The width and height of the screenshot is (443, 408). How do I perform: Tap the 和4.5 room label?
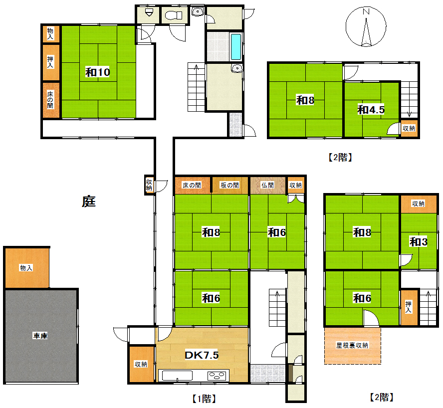[371, 110]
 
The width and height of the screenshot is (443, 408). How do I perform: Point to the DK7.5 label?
[202, 355]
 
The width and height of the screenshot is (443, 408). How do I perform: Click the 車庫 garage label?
[40, 336]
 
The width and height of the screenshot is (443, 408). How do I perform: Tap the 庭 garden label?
[88, 202]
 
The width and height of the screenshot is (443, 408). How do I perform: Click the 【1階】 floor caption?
[203, 399]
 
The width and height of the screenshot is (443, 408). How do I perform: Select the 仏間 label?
[268, 185]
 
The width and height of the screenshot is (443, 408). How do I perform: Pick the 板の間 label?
[229, 185]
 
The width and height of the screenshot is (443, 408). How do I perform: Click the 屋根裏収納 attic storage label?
[352, 345]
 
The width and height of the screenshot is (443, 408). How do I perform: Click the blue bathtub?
[235, 46]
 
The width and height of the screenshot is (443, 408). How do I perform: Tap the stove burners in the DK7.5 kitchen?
[218, 375]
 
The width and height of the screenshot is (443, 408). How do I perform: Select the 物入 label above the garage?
[26, 268]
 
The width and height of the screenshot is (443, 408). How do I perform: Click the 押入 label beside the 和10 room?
[50, 62]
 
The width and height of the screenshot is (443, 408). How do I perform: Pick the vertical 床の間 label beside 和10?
[50, 100]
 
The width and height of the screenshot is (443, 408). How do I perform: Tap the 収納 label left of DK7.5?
[141, 364]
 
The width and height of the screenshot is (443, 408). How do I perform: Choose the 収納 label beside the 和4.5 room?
[409, 129]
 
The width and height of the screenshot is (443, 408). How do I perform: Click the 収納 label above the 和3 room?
[418, 204]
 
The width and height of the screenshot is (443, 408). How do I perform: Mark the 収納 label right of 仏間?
[295, 185]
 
